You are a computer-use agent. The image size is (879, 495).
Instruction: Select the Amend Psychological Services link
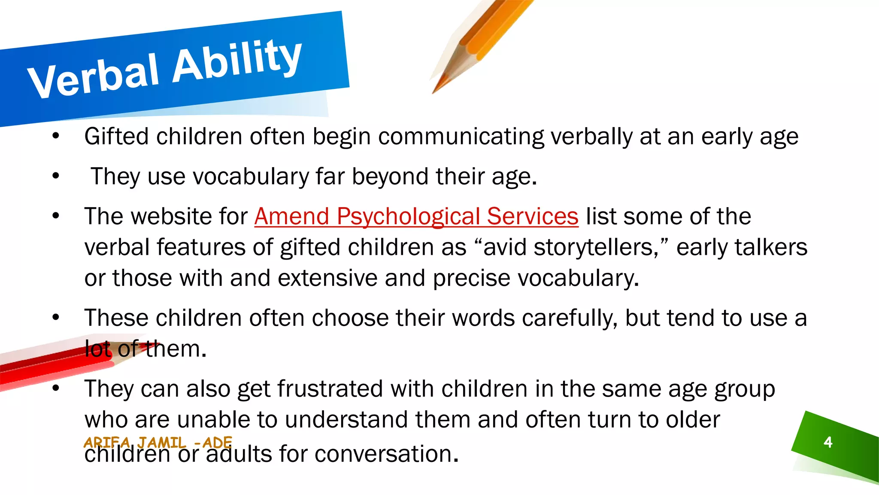[x=416, y=216]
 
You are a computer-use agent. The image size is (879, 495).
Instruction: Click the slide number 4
[x=828, y=442]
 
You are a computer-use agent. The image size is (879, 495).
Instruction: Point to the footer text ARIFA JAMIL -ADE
[x=158, y=442]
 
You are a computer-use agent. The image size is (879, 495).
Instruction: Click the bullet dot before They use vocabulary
[x=55, y=176]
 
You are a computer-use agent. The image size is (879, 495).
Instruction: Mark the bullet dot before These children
[x=55, y=318]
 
